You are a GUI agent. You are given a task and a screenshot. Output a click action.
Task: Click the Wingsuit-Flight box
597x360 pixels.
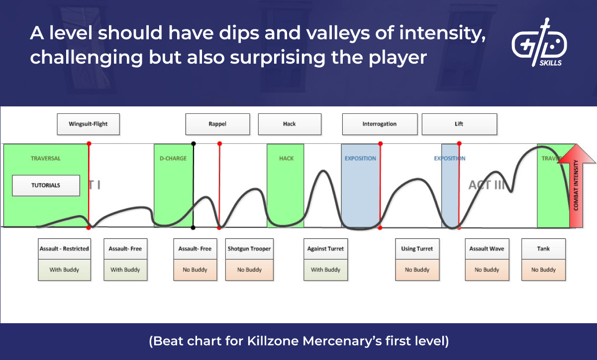point(89,124)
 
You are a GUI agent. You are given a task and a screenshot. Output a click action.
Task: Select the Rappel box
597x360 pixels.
point(217,124)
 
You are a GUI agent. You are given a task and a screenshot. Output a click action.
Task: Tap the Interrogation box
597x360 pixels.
point(379,124)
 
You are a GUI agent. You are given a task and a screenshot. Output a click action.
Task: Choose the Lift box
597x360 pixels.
point(459,124)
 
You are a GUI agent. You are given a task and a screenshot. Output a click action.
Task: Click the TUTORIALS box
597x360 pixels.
point(46,185)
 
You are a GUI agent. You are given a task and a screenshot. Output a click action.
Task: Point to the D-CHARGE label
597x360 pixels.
point(173,159)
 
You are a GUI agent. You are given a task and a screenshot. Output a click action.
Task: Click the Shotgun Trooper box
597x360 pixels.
point(249,249)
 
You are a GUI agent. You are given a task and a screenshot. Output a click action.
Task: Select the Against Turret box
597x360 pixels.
point(325,249)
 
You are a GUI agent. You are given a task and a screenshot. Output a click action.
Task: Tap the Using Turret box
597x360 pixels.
point(417,249)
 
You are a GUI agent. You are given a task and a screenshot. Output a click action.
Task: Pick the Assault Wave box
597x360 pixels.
point(487,249)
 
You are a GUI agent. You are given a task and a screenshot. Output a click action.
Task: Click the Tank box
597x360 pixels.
point(543,249)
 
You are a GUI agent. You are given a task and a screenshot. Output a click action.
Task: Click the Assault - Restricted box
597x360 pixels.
point(64,249)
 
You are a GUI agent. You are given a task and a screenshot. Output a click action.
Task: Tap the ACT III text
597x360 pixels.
point(490,185)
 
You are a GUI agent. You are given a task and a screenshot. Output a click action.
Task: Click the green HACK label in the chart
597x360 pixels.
point(286,159)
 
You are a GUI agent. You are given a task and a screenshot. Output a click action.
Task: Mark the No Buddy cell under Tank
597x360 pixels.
point(543,270)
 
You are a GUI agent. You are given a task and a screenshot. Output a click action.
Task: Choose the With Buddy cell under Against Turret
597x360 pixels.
point(325,270)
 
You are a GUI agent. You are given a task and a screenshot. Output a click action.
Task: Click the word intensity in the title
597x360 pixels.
point(441,34)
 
